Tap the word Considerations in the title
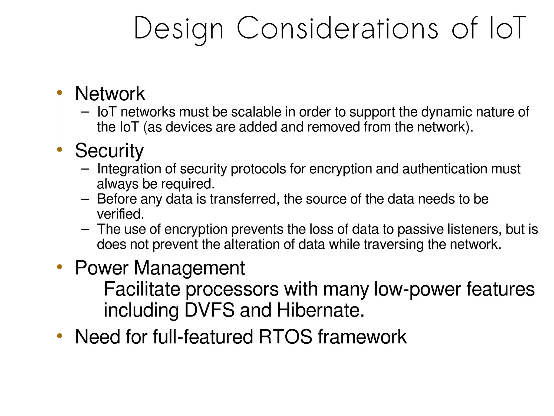coord(337,28)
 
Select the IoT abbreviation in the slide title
coord(507,28)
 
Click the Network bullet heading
coord(110,93)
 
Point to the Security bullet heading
coord(109,151)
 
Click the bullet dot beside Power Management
coord(60,267)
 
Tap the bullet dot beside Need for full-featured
coord(60,336)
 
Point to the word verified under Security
coord(120,214)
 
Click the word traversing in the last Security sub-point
coord(394,244)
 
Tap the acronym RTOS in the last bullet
coord(285,337)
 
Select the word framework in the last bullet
coord(362,337)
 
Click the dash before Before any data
coord(85,199)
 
